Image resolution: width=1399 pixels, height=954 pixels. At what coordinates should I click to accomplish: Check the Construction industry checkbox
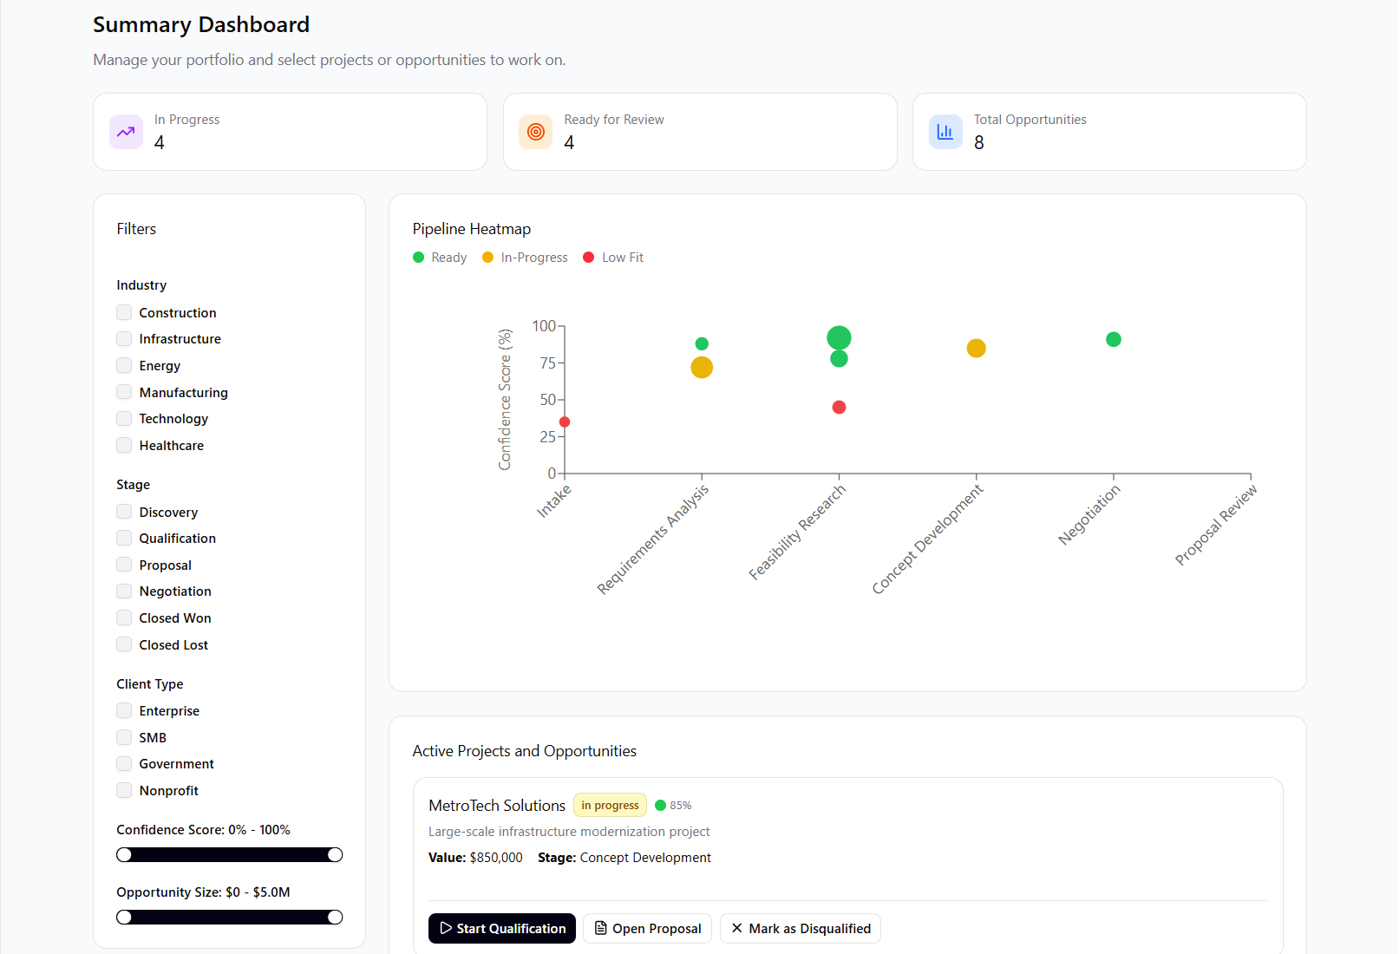[125, 312]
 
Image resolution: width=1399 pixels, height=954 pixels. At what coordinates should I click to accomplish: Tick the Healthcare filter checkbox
[125, 445]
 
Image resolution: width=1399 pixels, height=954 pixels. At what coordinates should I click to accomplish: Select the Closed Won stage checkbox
[125, 617]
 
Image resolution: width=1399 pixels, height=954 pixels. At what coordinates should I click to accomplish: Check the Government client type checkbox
[125, 763]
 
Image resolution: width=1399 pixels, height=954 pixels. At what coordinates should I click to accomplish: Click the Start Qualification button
[502, 928]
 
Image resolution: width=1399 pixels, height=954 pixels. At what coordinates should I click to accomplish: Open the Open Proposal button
[647, 928]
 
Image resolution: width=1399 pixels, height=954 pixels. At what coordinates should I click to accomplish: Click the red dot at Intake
[565, 422]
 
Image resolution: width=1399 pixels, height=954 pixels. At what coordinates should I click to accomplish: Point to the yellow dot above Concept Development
[976, 348]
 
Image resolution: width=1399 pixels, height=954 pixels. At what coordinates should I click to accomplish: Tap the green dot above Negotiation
[1114, 339]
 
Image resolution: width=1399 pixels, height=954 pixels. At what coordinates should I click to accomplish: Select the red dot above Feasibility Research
[839, 407]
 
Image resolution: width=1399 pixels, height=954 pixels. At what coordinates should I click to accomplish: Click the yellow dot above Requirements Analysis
[702, 368]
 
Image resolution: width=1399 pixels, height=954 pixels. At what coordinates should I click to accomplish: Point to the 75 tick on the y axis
[548, 363]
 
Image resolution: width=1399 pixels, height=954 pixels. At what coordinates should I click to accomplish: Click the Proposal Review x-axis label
[1216, 526]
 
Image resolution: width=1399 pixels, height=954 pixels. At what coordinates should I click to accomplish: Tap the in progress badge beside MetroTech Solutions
[610, 805]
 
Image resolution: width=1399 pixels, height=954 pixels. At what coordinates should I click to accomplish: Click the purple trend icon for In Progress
[126, 132]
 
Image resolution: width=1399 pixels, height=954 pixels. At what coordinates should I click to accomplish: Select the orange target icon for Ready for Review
[536, 132]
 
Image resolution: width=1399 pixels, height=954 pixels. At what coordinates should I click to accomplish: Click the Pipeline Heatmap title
[472, 229]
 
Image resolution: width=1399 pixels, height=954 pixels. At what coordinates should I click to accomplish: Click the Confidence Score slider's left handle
[125, 855]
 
